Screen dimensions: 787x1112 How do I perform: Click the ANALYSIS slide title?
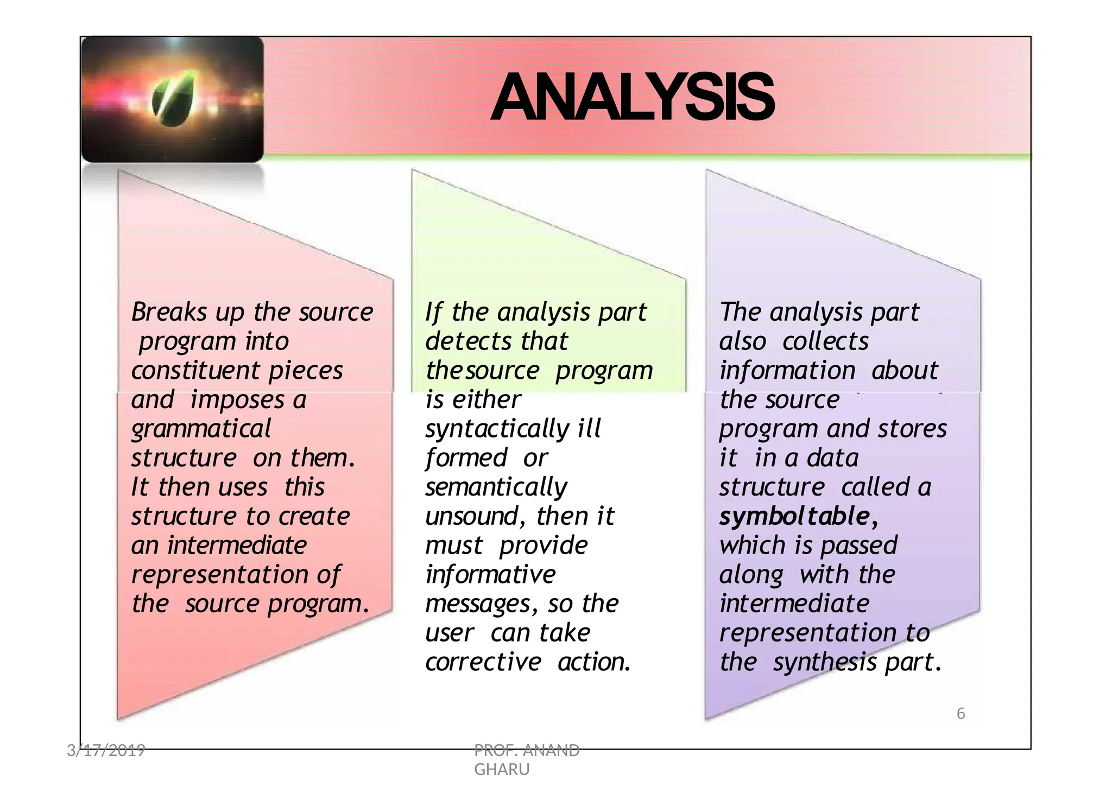tap(632, 98)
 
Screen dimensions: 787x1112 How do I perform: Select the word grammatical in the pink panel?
tap(201, 429)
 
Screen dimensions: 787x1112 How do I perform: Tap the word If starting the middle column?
tap(433, 312)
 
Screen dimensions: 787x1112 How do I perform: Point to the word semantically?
tap(496, 487)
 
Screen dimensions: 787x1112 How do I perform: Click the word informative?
tap(490, 575)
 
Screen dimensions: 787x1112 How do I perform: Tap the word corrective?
tap(483, 662)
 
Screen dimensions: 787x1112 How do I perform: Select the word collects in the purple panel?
tap(825, 341)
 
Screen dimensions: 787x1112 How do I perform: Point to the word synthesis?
tap(824, 662)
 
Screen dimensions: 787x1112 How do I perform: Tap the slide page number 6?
tap(961, 714)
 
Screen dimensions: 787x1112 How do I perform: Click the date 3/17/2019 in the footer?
tap(106, 751)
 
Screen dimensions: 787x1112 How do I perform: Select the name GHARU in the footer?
tap(502, 770)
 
